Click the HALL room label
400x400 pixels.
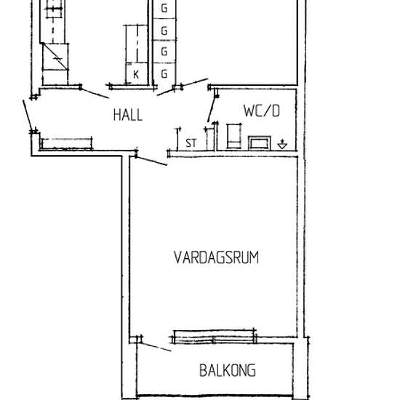click(127, 115)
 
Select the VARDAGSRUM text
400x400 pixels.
click(217, 257)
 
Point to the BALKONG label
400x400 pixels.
click(228, 371)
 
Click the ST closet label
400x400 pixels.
click(191, 143)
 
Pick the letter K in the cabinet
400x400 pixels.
click(135, 74)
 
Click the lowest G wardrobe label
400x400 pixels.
click(164, 74)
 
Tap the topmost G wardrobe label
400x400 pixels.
click(164, 9)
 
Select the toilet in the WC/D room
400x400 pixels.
click(234, 136)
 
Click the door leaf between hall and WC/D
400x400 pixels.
click(211, 105)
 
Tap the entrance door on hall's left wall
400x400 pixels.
click(28, 113)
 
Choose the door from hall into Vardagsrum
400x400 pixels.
click(151, 158)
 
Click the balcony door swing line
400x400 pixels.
click(156, 344)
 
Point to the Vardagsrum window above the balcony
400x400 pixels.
click(215, 337)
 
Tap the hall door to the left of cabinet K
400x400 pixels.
click(95, 92)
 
